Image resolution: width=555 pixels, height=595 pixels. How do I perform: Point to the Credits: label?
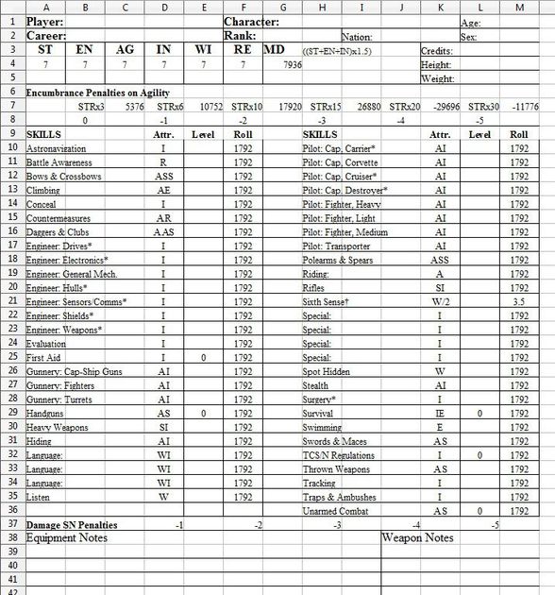click(437, 50)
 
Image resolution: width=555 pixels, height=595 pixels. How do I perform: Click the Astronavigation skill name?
click(56, 149)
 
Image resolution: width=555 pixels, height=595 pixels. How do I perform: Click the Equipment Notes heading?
click(67, 538)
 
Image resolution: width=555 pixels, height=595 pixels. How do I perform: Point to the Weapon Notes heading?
click(418, 538)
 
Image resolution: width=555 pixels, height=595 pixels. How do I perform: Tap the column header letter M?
click(517, 7)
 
